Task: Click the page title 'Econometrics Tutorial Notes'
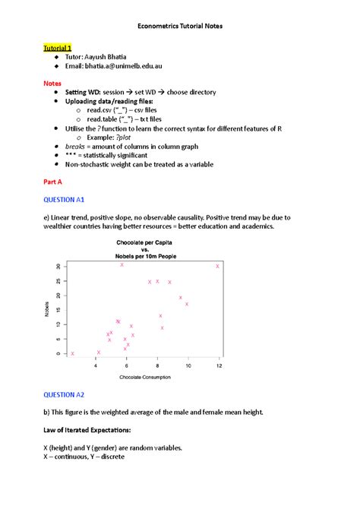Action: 180,25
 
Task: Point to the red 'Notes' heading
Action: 52,84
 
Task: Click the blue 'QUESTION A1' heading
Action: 64,199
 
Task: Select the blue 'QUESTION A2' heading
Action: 64,395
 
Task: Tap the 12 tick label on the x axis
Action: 219,365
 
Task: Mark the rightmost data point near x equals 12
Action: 218,266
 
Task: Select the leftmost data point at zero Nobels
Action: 72,353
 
